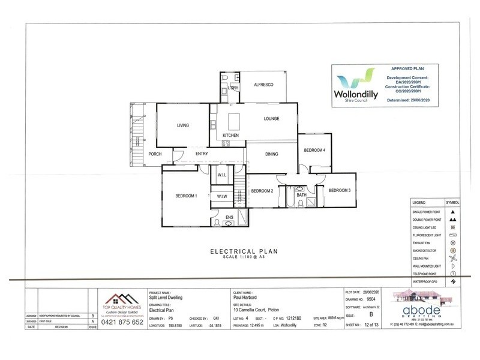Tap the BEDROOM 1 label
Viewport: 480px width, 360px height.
pos(186,196)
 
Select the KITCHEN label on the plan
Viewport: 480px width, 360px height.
pos(231,136)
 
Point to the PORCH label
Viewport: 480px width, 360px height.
pos(155,154)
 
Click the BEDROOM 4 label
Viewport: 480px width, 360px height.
pos(314,150)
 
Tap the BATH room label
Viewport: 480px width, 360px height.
pos(301,194)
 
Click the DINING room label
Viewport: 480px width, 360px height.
pos(272,155)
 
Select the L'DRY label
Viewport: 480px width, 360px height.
pos(233,88)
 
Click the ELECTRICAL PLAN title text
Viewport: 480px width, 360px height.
pos(243,252)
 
